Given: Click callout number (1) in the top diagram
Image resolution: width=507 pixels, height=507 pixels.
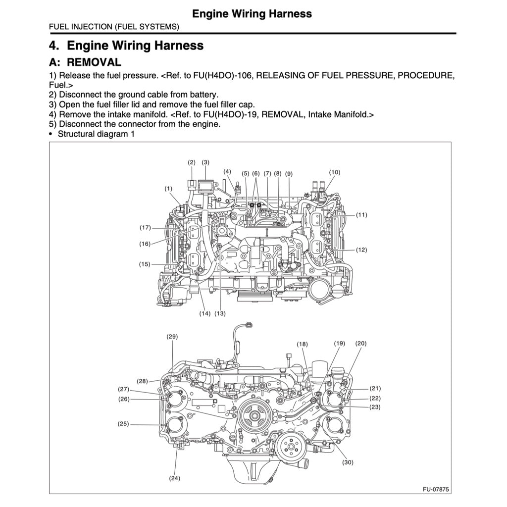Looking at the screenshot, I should [169, 189].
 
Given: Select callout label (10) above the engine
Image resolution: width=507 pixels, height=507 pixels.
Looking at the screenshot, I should [335, 172].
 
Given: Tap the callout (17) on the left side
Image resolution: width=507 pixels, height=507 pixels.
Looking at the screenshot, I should [145, 228].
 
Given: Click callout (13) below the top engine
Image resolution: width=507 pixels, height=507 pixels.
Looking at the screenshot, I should [220, 313].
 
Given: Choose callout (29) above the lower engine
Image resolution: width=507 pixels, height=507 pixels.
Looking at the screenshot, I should [172, 337].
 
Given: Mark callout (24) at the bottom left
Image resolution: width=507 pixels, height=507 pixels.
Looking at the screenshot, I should [174, 478].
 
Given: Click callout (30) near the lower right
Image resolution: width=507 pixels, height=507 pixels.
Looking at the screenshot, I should [348, 462].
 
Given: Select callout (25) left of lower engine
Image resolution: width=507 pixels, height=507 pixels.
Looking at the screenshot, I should [123, 424].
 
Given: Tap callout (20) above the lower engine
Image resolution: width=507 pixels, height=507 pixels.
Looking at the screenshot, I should [360, 343].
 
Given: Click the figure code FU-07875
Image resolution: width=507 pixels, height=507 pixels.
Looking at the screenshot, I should [435, 489].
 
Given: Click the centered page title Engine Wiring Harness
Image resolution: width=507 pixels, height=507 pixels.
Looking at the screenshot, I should [252, 13].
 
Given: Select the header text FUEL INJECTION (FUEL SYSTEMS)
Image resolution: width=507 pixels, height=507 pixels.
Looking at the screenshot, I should [114, 27].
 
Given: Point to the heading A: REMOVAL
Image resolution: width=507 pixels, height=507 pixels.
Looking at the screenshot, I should [85, 62].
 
